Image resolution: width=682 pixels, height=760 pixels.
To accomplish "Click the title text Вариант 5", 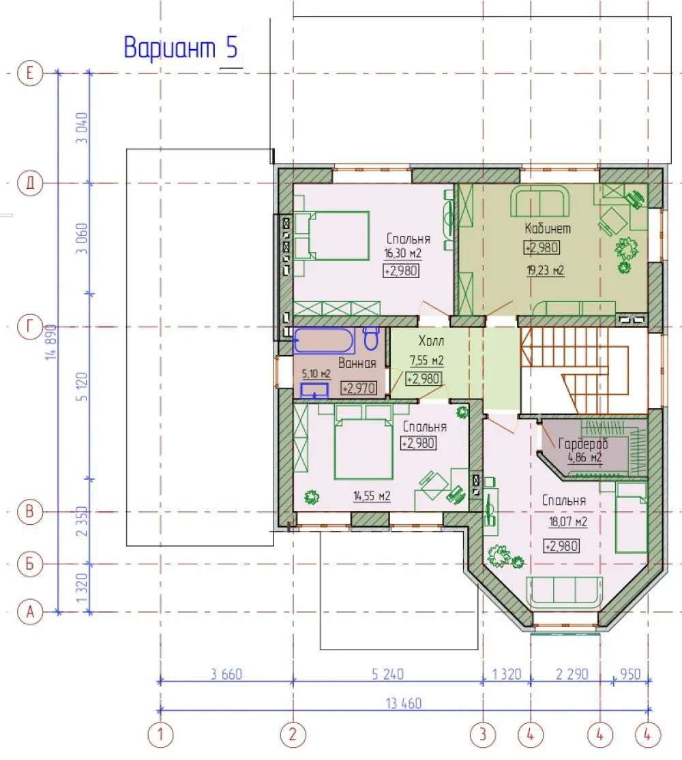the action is click(x=181, y=48).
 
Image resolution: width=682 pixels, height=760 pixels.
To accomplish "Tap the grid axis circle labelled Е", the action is click(x=30, y=73).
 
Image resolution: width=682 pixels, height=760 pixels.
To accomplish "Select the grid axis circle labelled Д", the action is click(x=30, y=183).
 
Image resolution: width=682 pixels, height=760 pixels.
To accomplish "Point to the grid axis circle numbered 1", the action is click(x=160, y=735).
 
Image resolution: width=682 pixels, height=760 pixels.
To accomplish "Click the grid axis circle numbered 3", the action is click(x=483, y=735).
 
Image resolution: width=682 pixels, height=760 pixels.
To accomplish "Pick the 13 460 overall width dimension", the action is click(x=404, y=703).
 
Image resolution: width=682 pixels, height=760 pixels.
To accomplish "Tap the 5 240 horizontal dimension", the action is click(x=387, y=674).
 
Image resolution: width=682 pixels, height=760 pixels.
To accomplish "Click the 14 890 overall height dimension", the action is click(x=51, y=342).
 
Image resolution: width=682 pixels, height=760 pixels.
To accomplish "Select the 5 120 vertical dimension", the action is click(x=82, y=386).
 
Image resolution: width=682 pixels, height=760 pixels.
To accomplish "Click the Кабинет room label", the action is click(x=548, y=228).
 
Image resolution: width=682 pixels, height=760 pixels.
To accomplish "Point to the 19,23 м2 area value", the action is click(x=546, y=270).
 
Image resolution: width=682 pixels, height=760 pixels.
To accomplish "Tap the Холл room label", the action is click(x=431, y=341).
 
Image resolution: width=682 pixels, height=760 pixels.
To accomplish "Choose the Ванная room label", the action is click(x=357, y=363).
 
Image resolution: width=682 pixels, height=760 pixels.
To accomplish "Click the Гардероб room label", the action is click(x=583, y=443).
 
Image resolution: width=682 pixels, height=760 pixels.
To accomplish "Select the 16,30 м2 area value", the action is click(x=402, y=253).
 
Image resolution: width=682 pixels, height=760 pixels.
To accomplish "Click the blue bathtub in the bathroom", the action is click(x=324, y=341).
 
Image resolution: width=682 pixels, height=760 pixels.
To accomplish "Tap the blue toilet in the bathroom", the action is click(x=372, y=338).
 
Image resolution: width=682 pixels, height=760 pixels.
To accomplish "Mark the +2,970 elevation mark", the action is click(x=359, y=389).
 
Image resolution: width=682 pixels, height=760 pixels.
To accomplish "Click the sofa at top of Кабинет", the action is click(x=539, y=202).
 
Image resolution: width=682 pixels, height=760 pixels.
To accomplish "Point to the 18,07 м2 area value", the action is click(x=568, y=521).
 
